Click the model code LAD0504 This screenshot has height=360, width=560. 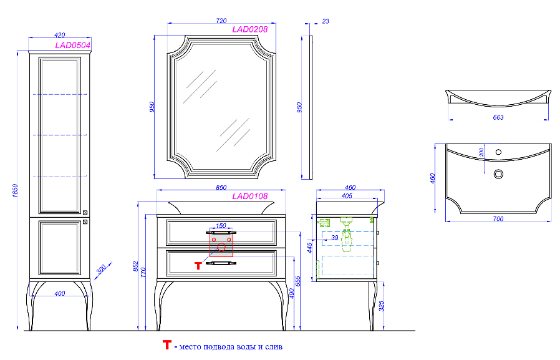[73, 46]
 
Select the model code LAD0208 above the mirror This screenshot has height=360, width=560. [249, 29]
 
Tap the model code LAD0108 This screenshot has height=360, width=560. [249, 196]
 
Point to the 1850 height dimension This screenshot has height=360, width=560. [14, 191]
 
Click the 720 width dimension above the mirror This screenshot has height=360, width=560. [221, 21]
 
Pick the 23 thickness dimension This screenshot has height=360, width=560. [326, 21]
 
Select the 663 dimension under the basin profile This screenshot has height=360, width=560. [498, 117]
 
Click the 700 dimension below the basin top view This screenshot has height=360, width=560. [498, 218]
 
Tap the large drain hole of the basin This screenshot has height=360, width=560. [498, 174]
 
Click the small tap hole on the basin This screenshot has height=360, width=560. [498, 152]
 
